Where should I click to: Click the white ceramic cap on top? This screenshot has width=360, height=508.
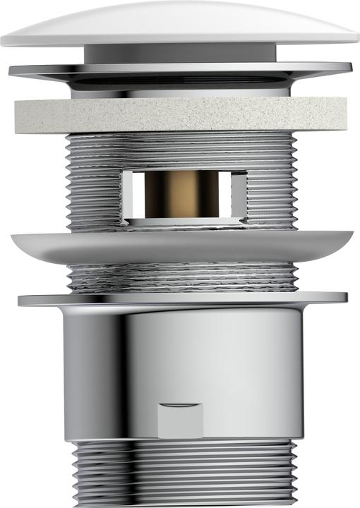180,21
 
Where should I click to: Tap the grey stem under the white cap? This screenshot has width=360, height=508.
180,54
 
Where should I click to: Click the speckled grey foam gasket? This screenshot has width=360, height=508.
180,114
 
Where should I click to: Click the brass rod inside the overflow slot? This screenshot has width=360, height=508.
183,194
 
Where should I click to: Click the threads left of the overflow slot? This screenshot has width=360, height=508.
95,183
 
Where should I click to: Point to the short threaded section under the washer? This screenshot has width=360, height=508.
180,278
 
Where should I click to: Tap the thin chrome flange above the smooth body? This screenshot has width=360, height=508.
180,299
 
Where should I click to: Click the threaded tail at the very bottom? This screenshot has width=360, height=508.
180,473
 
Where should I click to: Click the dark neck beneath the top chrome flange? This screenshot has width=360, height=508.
180,90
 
